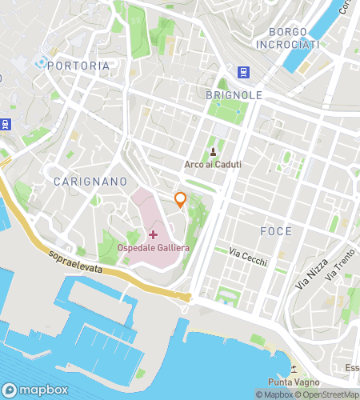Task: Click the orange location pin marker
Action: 181,200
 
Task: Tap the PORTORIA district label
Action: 78,66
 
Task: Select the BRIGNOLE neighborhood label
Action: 234,94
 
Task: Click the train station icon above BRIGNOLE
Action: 242,72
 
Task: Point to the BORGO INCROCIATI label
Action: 288,38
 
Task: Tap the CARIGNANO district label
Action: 88,182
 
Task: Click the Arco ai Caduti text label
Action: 214,165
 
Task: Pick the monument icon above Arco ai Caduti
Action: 214,152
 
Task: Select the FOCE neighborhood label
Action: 276,231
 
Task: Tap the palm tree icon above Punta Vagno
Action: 294,370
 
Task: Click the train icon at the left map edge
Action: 5,123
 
